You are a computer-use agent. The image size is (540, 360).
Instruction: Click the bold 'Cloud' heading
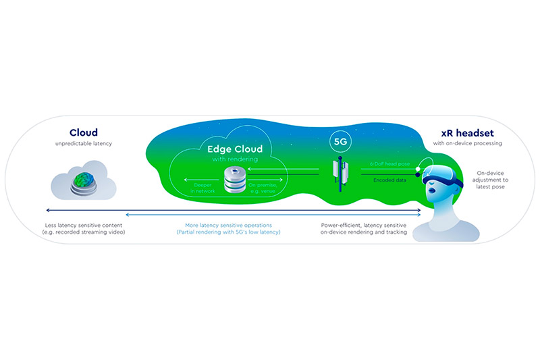(x=83, y=132)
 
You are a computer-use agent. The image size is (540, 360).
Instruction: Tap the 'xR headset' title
(x=467, y=133)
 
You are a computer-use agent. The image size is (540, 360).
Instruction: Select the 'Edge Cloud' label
(x=235, y=149)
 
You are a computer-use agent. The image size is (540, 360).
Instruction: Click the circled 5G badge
(x=340, y=142)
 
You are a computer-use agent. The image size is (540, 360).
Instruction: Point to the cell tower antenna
(x=340, y=174)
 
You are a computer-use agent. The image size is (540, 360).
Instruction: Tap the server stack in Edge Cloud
(x=235, y=180)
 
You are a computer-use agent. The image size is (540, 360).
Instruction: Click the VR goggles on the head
(x=441, y=176)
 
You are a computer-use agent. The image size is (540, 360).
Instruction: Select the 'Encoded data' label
(x=389, y=180)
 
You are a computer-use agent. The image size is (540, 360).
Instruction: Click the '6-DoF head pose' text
(x=389, y=164)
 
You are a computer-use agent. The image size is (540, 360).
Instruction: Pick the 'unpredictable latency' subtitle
(x=84, y=143)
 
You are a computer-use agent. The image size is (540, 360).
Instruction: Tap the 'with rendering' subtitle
(x=235, y=159)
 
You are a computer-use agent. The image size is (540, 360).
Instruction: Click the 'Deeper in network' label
(x=202, y=188)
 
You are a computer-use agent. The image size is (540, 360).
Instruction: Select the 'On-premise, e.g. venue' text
(x=263, y=188)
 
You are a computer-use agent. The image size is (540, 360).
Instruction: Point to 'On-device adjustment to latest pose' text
(x=490, y=180)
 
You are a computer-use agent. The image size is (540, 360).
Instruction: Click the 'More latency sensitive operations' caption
(x=228, y=226)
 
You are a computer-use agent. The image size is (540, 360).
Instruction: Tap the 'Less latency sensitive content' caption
(x=84, y=226)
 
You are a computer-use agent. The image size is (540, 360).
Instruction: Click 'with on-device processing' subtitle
(x=467, y=143)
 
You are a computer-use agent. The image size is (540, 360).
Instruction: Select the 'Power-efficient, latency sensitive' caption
(x=364, y=226)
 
